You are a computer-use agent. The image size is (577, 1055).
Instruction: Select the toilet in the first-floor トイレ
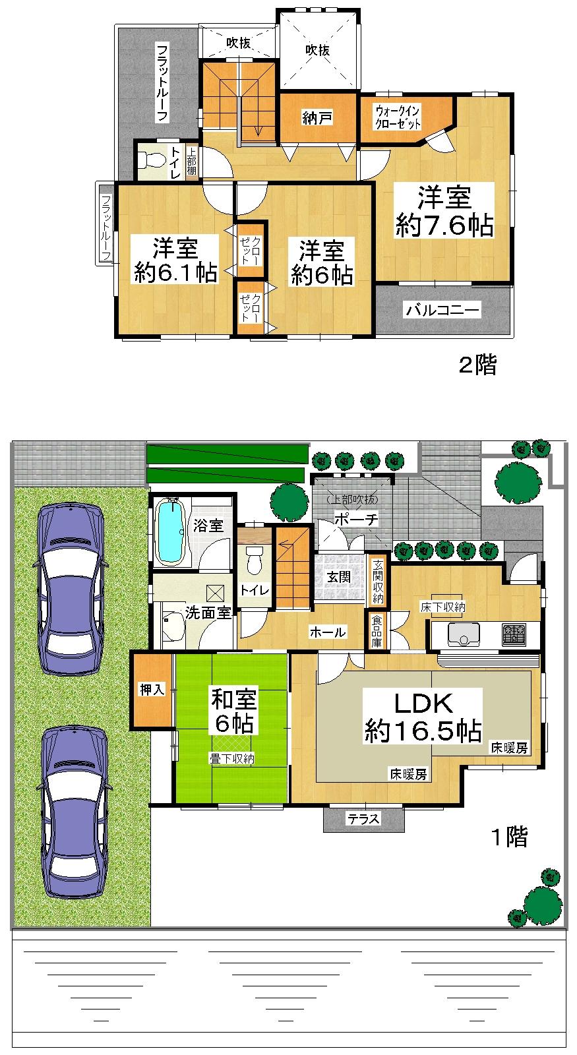254,561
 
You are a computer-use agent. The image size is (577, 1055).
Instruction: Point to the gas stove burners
514,635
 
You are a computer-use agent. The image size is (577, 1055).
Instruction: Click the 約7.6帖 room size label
444,226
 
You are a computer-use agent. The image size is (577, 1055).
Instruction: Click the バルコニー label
443,310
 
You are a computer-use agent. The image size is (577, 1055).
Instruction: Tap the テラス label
363,819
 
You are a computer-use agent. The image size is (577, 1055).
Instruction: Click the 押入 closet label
152,690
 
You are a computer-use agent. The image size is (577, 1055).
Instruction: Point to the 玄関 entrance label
339,576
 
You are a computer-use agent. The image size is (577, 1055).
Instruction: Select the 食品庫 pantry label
376,631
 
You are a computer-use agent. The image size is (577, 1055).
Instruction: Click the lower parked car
74,811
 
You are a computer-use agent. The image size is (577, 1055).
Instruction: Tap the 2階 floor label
477,365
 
